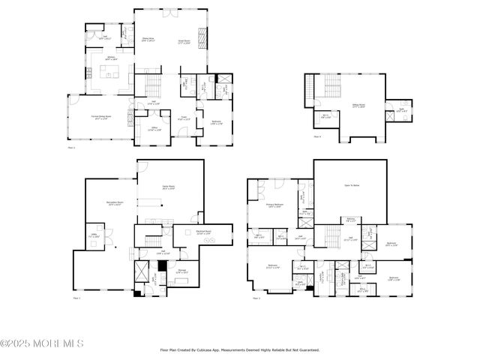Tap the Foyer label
coord(182,117)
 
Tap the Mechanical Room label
coord(203,232)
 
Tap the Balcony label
coord(351,220)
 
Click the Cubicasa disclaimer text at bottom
coord(240,349)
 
